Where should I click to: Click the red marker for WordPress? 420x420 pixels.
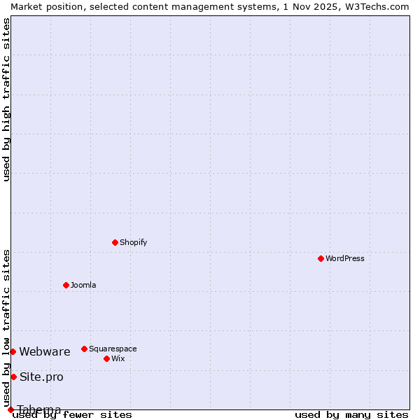321,258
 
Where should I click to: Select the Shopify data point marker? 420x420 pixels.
115,242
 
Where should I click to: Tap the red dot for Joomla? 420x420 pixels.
66,285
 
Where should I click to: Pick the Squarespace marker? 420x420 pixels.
84,349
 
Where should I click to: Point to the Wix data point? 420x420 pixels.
106,358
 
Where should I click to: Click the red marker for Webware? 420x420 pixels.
13,351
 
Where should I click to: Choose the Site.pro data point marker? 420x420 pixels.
13,377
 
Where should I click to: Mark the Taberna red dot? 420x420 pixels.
10,409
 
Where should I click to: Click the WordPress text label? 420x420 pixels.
344,258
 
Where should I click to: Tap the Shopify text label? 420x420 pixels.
133,242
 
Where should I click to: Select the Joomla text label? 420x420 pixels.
83,285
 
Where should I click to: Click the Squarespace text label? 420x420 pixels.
113,349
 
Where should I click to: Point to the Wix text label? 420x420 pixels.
118,358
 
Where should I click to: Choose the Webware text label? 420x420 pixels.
45,351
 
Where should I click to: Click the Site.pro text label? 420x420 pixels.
41,377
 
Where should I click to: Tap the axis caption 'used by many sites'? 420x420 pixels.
351,414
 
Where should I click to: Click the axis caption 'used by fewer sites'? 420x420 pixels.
73,414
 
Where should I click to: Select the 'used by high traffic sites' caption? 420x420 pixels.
6,99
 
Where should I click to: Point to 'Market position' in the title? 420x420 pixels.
42,6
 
